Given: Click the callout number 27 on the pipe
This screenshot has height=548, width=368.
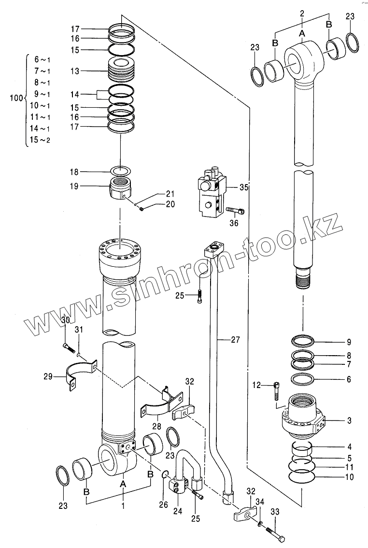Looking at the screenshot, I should point(235,340).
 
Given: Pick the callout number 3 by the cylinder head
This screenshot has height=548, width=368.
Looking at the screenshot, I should point(349,420).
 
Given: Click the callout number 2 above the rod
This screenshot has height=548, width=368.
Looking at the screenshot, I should point(302,14).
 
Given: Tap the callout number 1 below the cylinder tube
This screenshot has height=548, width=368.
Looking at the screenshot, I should point(123,505).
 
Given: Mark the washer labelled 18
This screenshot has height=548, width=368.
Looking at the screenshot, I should point(121,171).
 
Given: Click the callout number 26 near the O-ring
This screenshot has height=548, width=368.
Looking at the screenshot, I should point(164,505).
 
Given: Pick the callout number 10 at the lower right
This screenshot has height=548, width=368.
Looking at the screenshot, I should point(349,478).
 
